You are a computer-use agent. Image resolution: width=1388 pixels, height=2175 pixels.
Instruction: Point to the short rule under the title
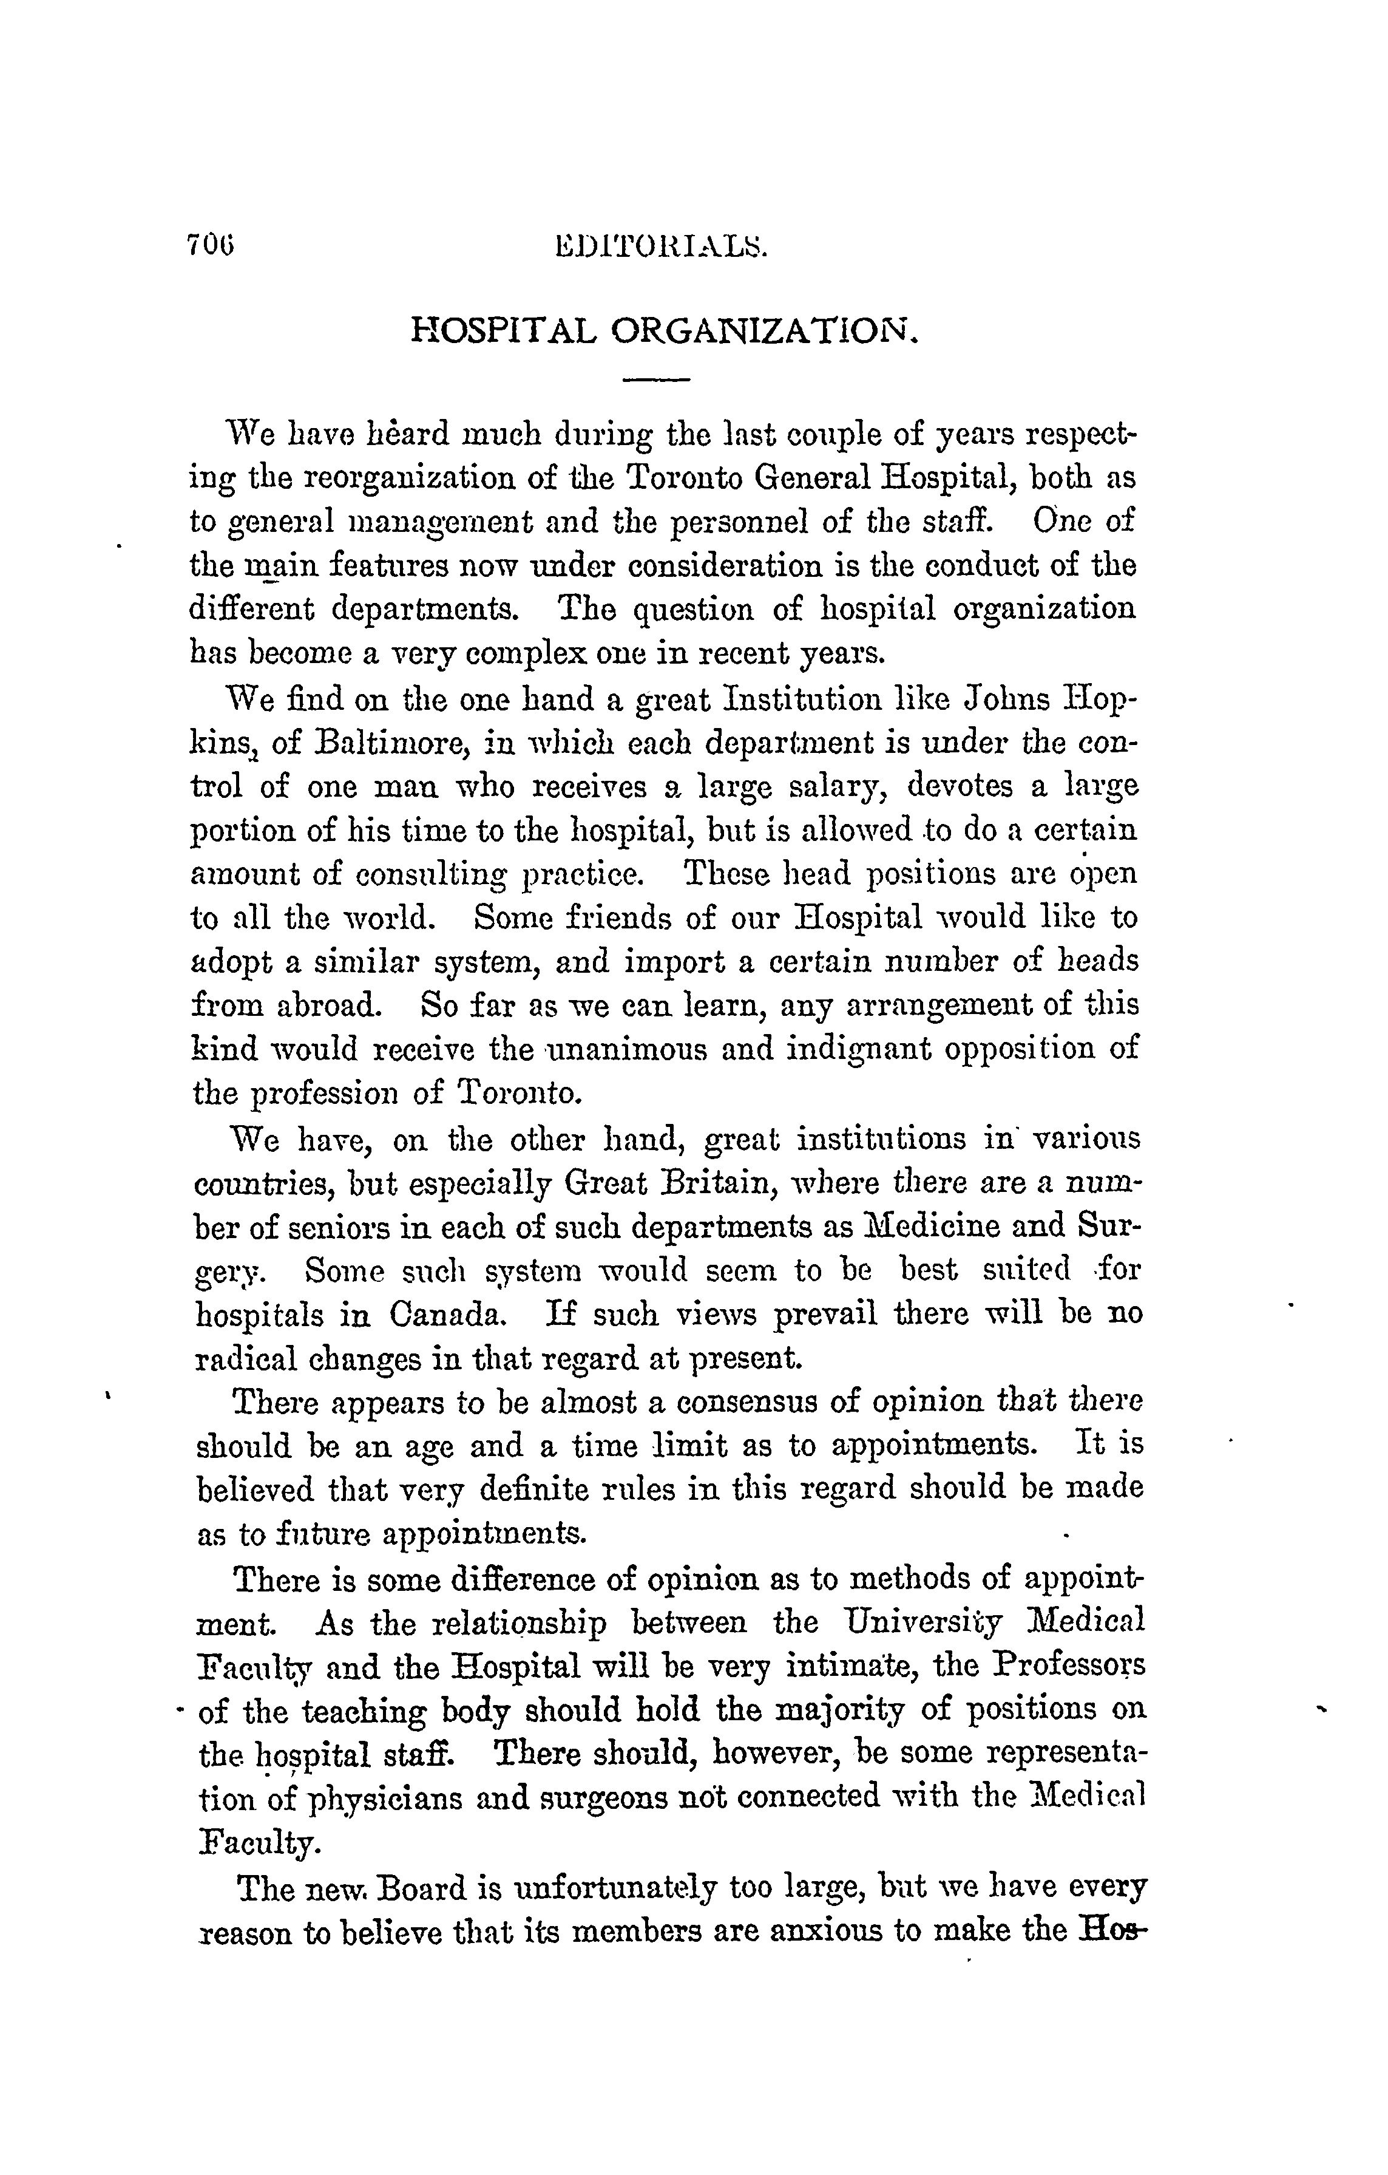tap(657, 380)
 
